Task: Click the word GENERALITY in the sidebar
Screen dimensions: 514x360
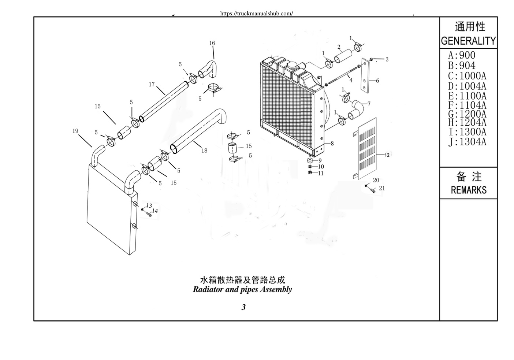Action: coord(468,41)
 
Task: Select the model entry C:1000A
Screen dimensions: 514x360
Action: coord(467,76)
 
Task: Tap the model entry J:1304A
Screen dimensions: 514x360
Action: coord(467,141)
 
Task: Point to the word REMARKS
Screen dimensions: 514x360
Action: coord(469,190)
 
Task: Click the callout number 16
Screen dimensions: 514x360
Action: coord(212,43)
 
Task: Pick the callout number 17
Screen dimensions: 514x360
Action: coord(152,85)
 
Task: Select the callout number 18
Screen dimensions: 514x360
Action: coord(204,151)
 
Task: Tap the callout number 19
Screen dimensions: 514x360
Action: coord(75,131)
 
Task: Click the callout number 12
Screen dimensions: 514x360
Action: coord(387,155)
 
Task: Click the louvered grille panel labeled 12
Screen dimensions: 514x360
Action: coord(366,148)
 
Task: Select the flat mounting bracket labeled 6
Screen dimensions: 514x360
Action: coord(365,75)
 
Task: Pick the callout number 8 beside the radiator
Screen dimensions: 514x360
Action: coord(332,144)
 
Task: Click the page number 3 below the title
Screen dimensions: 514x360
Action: coord(243,307)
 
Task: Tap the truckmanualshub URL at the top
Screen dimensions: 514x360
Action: coord(256,14)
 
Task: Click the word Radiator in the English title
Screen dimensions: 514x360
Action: coord(208,289)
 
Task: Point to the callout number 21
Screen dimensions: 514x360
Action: coord(382,188)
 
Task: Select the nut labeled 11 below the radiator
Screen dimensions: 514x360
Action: coord(310,172)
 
